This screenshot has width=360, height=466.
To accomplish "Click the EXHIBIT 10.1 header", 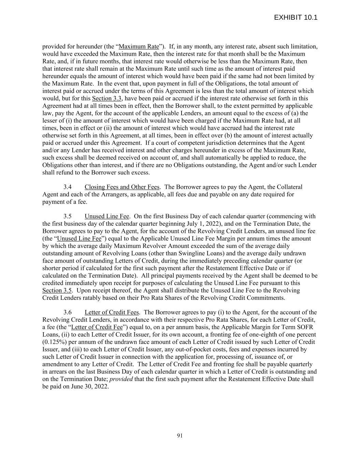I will click(296, 17).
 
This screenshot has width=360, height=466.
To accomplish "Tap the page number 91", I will click(180, 435).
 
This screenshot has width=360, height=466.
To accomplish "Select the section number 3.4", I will click(68, 187).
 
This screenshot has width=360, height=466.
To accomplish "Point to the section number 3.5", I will click(68, 216).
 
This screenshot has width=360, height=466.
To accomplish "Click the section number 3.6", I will click(68, 312).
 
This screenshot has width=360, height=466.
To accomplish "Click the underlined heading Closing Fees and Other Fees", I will click(122, 187).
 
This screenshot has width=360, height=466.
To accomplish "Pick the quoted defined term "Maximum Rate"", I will click(139, 46).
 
